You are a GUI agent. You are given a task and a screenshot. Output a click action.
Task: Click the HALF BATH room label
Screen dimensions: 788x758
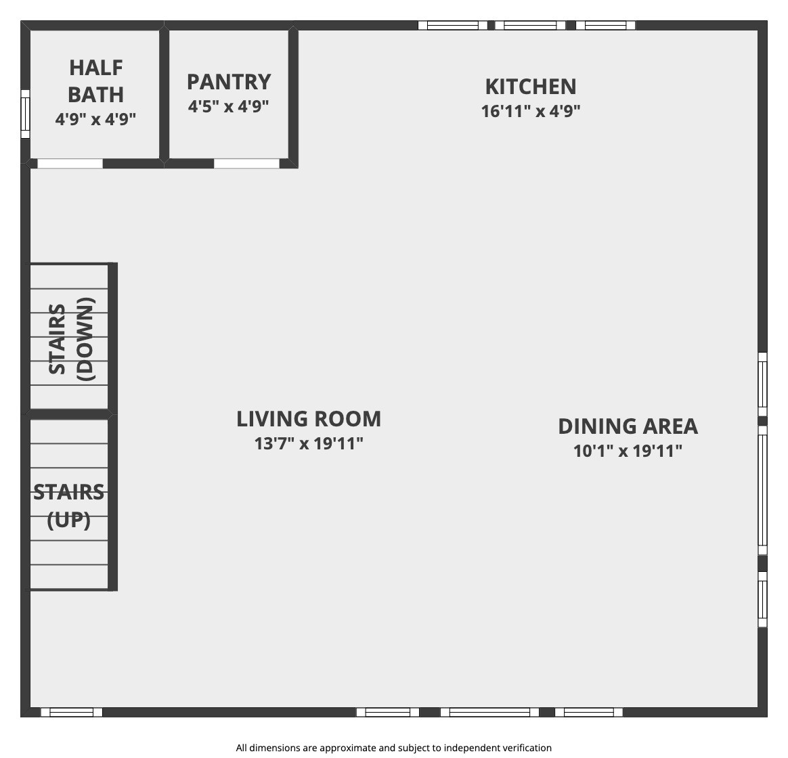pyautogui.click(x=95, y=81)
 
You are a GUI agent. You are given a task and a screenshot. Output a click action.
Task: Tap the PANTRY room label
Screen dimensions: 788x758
pyautogui.click(x=229, y=82)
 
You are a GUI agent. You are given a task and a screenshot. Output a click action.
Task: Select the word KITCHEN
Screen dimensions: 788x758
pyautogui.click(x=531, y=87)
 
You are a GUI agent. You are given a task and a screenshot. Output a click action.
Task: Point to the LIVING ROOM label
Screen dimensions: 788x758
pyautogui.click(x=309, y=419)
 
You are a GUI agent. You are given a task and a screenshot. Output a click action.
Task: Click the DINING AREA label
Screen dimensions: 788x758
pyautogui.click(x=628, y=426)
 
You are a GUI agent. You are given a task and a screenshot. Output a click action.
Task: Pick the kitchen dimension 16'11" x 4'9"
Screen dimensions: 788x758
pyautogui.click(x=531, y=111)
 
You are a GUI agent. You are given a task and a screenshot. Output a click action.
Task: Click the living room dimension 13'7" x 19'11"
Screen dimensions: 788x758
pyautogui.click(x=309, y=443)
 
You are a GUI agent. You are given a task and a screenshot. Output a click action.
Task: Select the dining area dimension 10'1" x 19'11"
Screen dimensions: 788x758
pyautogui.click(x=628, y=451)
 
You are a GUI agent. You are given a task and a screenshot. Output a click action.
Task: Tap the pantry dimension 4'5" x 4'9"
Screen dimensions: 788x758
pyautogui.click(x=229, y=106)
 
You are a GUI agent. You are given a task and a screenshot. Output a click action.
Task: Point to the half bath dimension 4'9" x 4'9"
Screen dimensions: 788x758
pyautogui.click(x=95, y=120)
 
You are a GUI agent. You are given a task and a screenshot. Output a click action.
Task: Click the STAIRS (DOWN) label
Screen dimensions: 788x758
pyautogui.click(x=71, y=339)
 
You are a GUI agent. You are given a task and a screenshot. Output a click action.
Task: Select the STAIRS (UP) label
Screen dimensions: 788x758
pyautogui.click(x=69, y=506)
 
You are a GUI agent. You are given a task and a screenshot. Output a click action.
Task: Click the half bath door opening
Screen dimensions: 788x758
pyautogui.click(x=70, y=163)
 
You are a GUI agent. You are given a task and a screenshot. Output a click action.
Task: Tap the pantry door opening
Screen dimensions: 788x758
pyautogui.click(x=246, y=163)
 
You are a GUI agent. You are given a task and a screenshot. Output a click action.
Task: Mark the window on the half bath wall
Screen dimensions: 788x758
pyautogui.click(x=25, y=114)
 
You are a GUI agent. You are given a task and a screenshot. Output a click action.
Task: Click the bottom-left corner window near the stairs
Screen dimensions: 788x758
pyautogui.click(x=71, y=712)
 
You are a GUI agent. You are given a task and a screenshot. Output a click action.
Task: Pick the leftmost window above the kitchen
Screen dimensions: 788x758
pyautogui.click(x=453, y=25)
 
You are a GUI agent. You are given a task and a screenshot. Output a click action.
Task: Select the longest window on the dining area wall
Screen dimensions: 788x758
pyautogui.click(x=762, y=490)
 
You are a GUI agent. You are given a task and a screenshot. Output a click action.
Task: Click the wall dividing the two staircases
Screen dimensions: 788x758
pyautogui.click(x=69, y=414)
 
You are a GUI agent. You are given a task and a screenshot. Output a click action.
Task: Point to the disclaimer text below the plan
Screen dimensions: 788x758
pyautogui.click(x=393, y=748)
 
